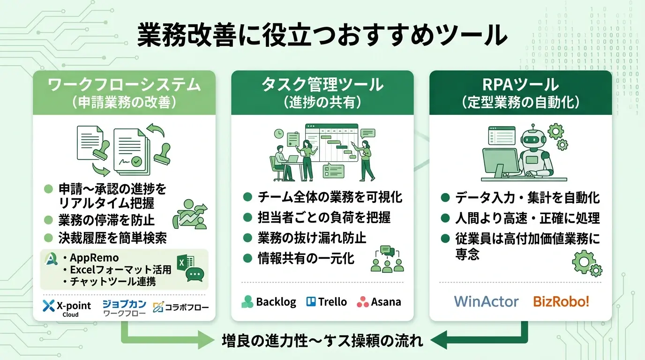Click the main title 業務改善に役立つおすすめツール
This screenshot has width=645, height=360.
point(322,36)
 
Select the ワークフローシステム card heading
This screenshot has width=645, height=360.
point(124,85)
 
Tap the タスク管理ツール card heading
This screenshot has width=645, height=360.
point(322,85)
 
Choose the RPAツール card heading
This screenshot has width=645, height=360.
point(521,85)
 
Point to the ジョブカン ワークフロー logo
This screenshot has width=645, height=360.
point(124,307)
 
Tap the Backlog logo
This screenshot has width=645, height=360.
point(269,302)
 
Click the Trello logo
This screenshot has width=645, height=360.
point(326,302)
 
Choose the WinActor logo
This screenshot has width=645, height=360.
point(486,301)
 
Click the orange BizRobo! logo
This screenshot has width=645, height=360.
point(561,301)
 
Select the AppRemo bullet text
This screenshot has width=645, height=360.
point(94,257)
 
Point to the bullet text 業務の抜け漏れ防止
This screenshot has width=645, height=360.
point(312,238)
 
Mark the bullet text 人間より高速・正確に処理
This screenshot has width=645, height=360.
point(527,218)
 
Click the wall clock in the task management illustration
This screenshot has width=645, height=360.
point(279,134)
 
